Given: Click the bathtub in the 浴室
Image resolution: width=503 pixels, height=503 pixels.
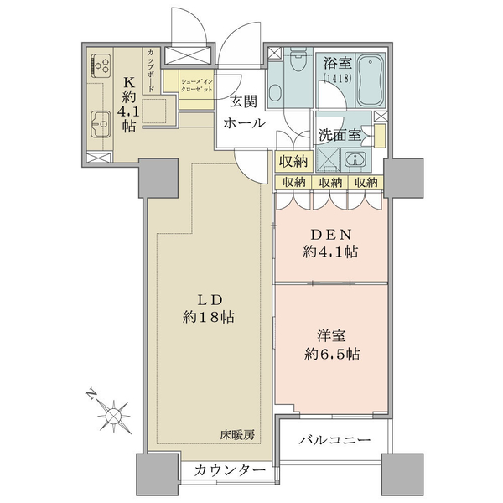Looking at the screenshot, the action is [371, 80].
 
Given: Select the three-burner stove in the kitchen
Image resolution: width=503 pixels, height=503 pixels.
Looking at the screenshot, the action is [101, 65].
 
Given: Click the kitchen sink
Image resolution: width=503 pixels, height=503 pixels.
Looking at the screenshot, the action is [101, 124].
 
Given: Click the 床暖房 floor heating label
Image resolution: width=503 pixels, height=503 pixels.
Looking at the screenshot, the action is [237, 435].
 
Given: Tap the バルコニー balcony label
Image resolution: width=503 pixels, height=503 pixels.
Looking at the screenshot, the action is [334, 439].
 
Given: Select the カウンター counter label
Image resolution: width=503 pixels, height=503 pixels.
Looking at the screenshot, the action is [230, 470].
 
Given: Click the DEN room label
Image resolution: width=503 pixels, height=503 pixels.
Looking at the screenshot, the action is [331, 235].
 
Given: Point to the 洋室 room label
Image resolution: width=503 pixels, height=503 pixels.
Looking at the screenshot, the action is [332, 336].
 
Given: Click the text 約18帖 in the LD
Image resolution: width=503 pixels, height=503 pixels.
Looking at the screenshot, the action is [209, 317].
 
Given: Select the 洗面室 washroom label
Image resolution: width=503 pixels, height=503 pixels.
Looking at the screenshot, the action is [340, 135].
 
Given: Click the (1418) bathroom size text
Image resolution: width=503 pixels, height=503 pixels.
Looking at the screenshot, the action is [338, 78].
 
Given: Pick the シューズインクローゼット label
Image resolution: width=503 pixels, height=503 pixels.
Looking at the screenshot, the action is [197, 86].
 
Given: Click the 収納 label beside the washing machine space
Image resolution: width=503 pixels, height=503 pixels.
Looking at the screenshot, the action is [293, 161].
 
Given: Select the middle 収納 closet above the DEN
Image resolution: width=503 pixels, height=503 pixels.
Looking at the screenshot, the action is [330, 183].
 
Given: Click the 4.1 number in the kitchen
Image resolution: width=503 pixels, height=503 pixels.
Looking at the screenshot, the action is [128, 112].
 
